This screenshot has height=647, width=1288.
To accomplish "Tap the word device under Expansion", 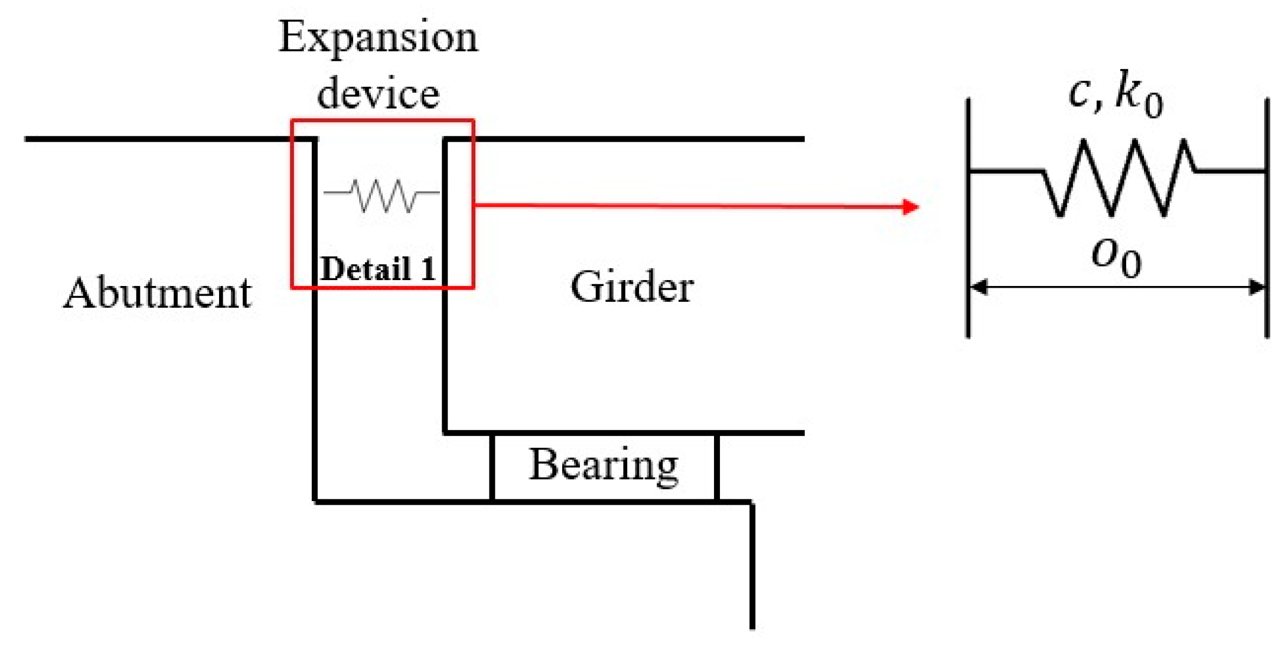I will [x=378, y=93].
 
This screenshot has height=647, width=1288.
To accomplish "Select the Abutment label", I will [x=157, y=293].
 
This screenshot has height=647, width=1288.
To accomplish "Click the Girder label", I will [x=631, y=287].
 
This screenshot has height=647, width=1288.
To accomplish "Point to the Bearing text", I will [x=603, y=465].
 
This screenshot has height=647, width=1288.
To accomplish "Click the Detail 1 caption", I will [x=378, y=269].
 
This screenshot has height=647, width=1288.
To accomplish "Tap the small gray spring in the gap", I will [x=382, y=194].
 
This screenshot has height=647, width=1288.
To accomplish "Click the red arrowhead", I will [x=911, y=207].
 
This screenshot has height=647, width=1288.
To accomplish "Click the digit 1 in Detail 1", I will [x=428, y=269].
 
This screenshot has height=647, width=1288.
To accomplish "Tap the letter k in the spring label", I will [x=1128, y=92].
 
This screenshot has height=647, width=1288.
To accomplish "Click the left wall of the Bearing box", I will [x=492, y=467].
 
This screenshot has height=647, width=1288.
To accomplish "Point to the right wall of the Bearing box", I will [x=716, y=467].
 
